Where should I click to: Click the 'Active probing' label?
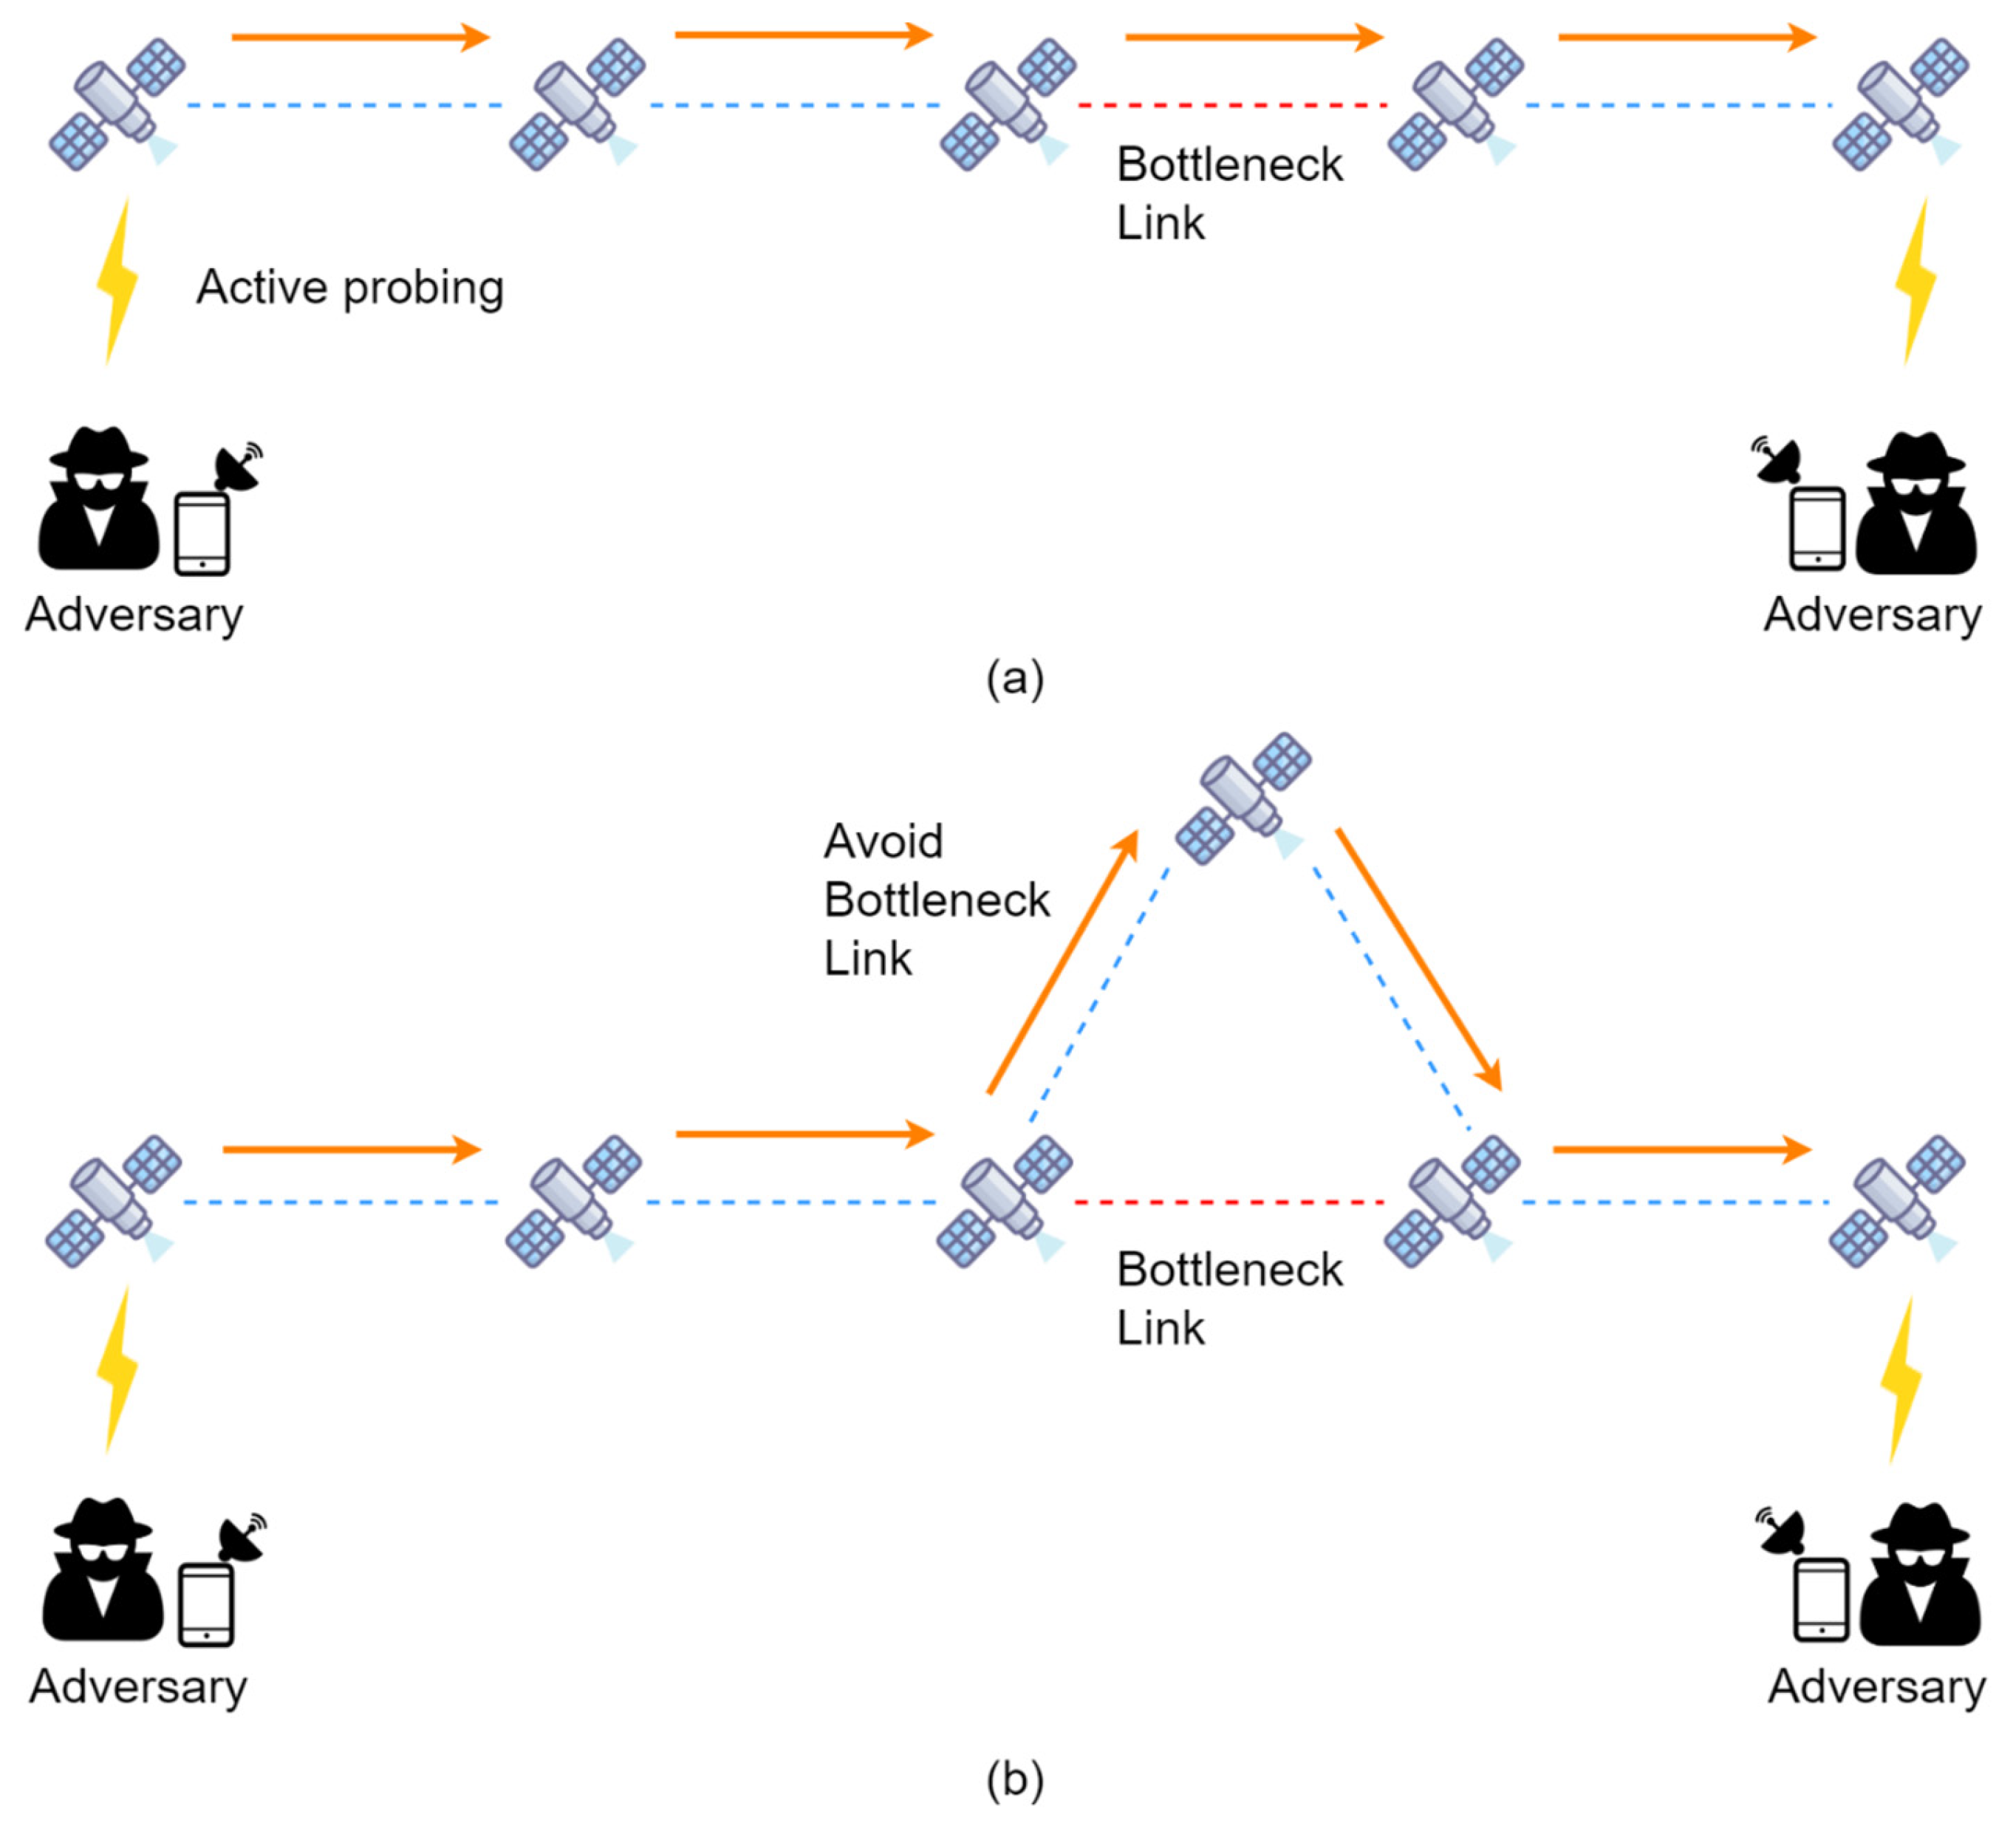click(349, 287)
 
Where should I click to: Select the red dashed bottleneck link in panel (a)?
click(1232, 105)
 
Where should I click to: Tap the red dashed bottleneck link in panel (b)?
click(1228, 1202)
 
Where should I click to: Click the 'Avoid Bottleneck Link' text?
click(936, 900)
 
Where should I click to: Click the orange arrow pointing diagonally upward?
click(1062, 963)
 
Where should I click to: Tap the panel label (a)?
click(1014, 678)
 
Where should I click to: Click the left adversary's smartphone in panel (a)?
click(202, 534)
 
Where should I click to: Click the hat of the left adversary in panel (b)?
click(102, 1519)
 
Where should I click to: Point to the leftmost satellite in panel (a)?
click(117, 105)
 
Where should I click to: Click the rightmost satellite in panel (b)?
click(1896, 1201)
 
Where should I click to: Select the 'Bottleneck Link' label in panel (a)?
click(1228, 193)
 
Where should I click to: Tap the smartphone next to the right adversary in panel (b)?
click(1821, 1599)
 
